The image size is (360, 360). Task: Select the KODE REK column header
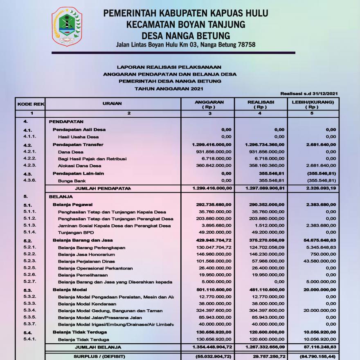pos(30,104)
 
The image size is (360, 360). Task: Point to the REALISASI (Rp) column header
pos(261,104)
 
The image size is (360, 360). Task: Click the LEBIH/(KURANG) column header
pos(312,104)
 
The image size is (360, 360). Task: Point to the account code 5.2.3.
pos(30,261)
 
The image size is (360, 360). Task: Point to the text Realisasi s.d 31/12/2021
pos(309,94)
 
